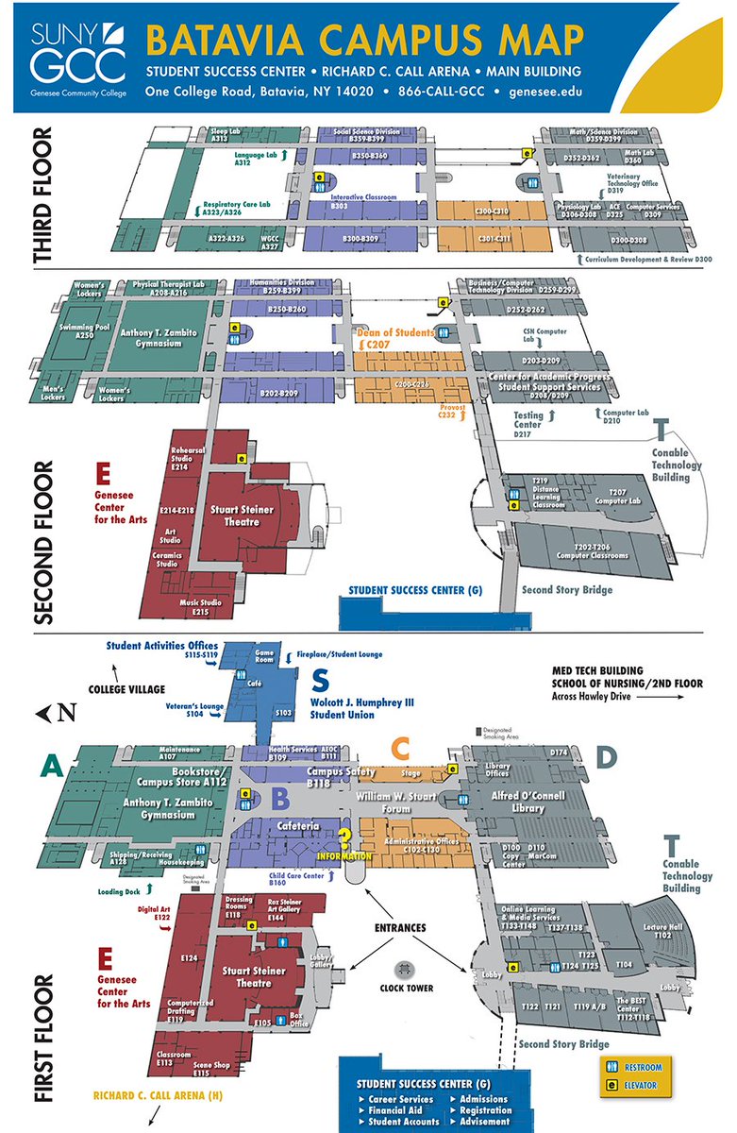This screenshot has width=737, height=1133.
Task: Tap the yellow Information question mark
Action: click(345, 838)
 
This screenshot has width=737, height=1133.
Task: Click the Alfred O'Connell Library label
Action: click(515, 802)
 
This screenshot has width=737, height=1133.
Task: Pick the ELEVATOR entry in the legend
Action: click(644, 1085)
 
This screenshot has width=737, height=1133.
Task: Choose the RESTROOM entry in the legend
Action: click(644, 1068)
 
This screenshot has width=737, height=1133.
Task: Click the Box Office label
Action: click(300, 1021)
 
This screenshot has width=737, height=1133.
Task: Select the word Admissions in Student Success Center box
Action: click(483, 1099)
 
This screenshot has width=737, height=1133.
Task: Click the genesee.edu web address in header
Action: click(544, 92)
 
